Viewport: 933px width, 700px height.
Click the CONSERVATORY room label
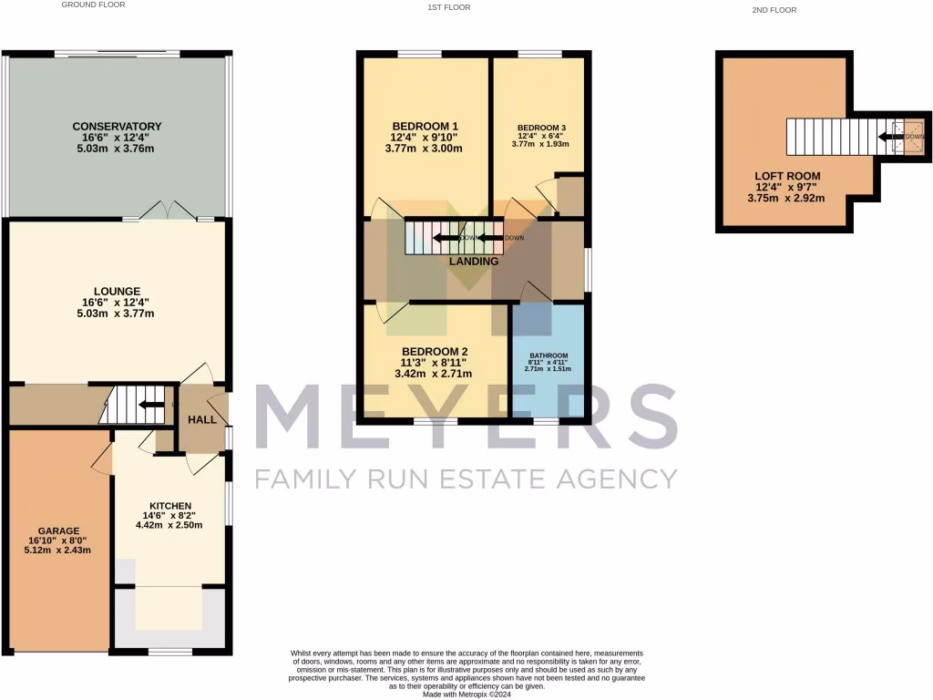pos(117,126)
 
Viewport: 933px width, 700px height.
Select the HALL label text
pos(201,419)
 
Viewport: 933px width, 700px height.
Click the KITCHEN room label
pos(170,506)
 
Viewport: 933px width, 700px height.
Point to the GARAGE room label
pos(58,530)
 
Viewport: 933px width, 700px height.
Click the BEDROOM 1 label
pos(425,126)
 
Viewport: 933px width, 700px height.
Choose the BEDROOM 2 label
pos(435,352)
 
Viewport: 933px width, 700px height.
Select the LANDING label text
pos(474,262)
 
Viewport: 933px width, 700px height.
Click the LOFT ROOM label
pos(786,176)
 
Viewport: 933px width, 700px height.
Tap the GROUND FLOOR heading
pos(93,5)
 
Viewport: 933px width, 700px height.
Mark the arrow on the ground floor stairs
pos(149,405)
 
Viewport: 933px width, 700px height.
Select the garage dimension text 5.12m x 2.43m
pos(58,551)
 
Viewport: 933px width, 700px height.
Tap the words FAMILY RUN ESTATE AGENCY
pos(466,478)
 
